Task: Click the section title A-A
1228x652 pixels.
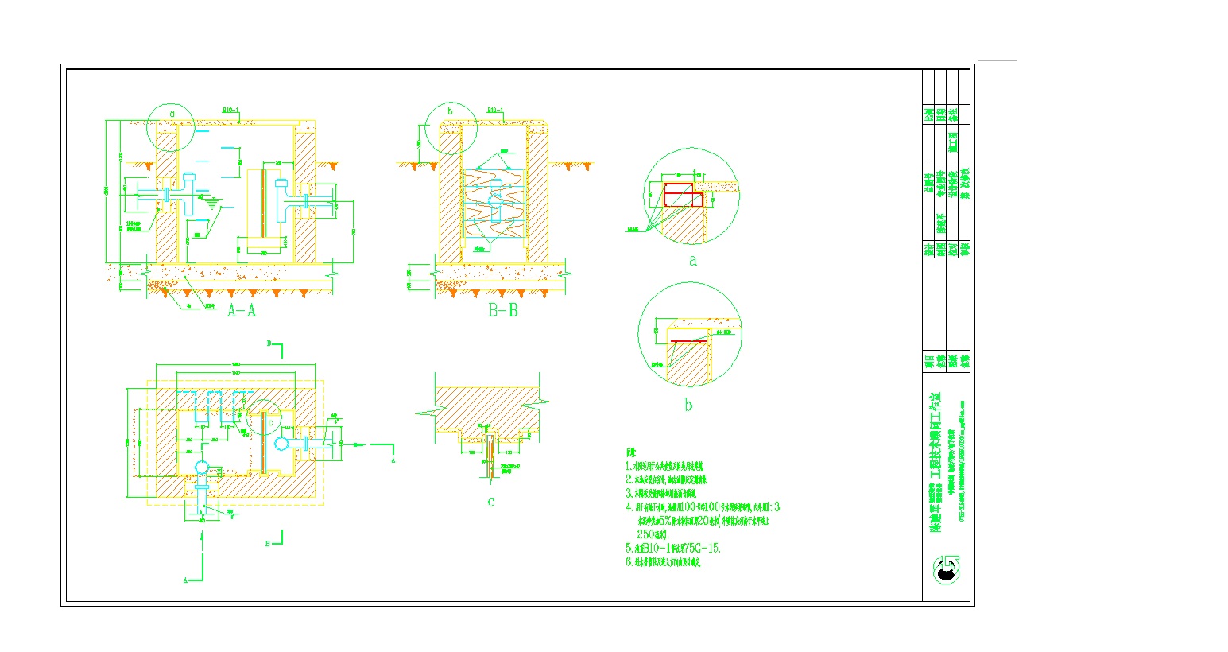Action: (242, 310)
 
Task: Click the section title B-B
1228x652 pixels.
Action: (502, 310)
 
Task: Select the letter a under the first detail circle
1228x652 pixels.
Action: (692, 261)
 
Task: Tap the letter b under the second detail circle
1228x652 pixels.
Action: (688, 406)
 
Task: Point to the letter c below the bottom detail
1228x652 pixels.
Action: (491, 501)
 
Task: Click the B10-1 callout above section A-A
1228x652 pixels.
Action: (230, 111)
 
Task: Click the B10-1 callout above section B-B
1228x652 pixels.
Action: (494, 111)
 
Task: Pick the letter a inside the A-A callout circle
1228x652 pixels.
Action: (172, 114)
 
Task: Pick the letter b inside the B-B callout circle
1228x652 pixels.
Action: (450, 112)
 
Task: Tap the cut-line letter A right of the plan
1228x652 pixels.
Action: (394, 460)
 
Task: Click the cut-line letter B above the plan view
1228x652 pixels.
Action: (269, 343)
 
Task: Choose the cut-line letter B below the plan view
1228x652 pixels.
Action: (269, 542)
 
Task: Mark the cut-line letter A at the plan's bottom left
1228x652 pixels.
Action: (185, 581)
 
